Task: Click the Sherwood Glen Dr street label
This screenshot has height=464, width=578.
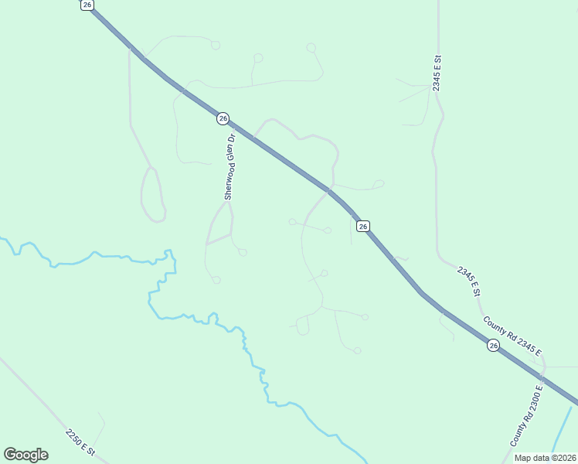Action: (x=229, y=167)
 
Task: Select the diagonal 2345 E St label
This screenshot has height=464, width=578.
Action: (x=468, y=281)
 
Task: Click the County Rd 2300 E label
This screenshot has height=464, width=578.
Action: (x=526, y=415)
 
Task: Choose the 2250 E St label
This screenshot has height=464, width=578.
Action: (x=80, y=442)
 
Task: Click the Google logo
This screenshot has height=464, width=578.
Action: (x=25, y=454)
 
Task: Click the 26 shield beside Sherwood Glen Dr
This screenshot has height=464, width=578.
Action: (x=223, y=118)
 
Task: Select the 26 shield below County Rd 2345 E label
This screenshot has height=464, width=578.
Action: (x=493, y=346)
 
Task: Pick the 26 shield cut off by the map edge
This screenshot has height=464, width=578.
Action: (x=87, y=5)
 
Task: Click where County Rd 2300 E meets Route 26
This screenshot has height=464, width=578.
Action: (x=542, y=379)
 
